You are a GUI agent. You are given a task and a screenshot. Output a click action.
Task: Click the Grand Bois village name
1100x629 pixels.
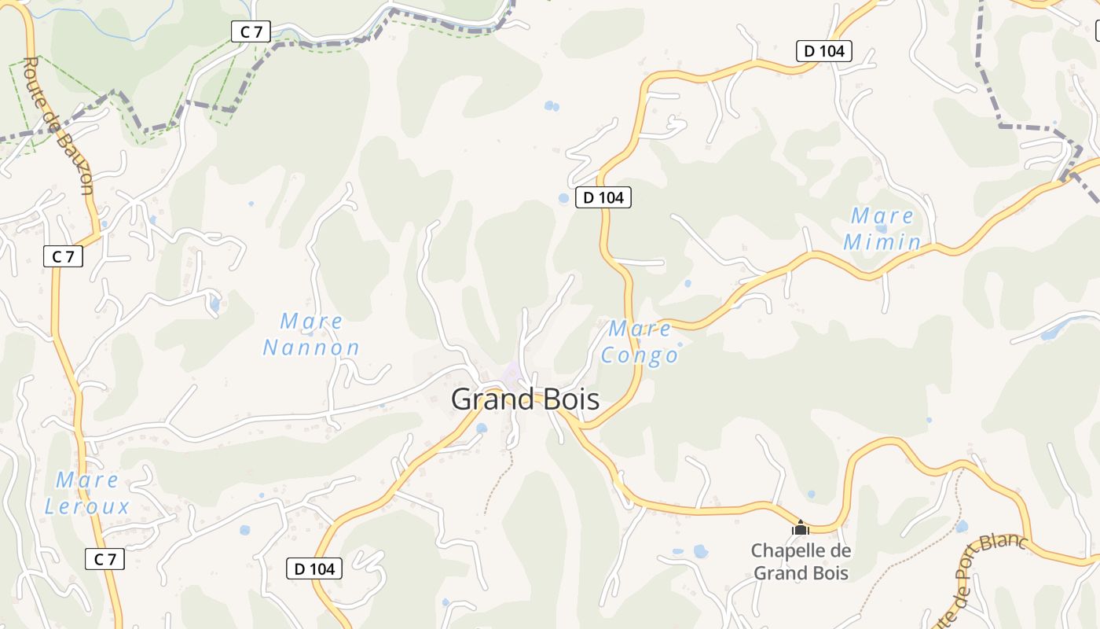tap(525, 399)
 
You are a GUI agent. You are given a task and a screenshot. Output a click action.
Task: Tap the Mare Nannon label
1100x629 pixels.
tap(311, 334)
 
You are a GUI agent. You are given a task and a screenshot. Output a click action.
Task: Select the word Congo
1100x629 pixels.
tap(640, 355)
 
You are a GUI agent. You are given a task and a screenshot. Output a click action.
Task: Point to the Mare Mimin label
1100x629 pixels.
tap(882, 229)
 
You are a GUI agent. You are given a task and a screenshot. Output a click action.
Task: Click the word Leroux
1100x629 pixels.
tap(86, 507)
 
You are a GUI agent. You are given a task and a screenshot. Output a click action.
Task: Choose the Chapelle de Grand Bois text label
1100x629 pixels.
tap(801, 561)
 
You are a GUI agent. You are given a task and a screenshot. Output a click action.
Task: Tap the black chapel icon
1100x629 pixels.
tap(801, 528)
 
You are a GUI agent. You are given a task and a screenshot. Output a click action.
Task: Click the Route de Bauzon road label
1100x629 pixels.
tap(59, 126)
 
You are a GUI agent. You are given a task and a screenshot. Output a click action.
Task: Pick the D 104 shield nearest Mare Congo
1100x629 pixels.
tap(603, 197)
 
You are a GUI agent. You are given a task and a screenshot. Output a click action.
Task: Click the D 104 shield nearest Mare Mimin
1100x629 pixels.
tap(824, 52)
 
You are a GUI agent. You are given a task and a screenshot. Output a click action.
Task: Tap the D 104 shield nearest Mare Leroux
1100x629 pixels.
tap(314, 568)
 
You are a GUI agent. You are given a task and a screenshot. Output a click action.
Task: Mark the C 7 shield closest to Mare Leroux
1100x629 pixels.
tap(104, 559)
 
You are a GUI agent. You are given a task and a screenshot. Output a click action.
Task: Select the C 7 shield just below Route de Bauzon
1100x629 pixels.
tap(63, 256)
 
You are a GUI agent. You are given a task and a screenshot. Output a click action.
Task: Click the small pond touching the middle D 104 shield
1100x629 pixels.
tap(563, 198)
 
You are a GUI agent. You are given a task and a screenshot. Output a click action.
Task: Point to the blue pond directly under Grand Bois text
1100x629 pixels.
tap(482, 429)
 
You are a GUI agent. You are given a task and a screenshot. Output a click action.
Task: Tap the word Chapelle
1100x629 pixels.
tap(790, 550)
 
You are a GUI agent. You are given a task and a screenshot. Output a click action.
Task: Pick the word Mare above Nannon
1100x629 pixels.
tap(311, 322)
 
